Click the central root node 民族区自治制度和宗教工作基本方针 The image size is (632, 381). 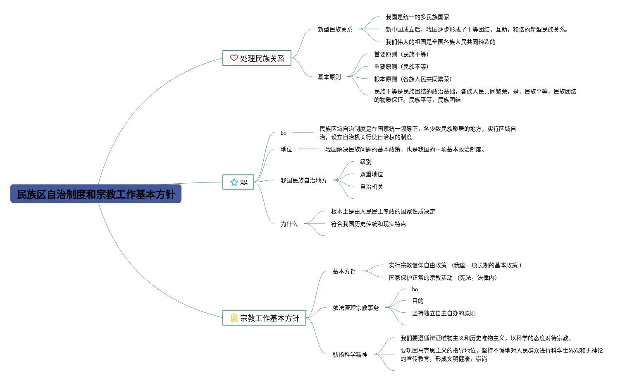[x=96, y=194]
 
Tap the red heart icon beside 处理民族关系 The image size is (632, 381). [x=234, y=58]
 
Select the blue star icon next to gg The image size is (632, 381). [x=234, y=182]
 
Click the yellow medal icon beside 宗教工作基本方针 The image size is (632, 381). [x=234, y=318]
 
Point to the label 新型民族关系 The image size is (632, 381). [x=335, y=29]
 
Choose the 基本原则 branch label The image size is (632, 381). [x=329, y=77]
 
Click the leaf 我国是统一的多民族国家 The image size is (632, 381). [x=417, y=17]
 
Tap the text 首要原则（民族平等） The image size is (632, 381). [x=401, y=54]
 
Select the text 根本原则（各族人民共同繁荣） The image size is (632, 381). [x=413, y=79]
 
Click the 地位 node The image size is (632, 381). [x=286, y=149]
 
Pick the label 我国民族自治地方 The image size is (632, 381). [x=303, y=180]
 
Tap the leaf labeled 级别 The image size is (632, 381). [x=365, y=162]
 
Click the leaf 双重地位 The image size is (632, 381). [x=371, y=174]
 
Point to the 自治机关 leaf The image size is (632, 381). [x=371, y=187]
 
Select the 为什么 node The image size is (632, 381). [x=289, y=224]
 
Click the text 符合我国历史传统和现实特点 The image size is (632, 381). [x=368, y=224]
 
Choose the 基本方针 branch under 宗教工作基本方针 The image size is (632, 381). [x=344, y=271]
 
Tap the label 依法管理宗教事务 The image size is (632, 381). [x=355, y=308]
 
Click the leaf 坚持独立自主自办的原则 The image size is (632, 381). [x=444, y=313]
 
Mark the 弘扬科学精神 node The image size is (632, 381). [x=350, y=355]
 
